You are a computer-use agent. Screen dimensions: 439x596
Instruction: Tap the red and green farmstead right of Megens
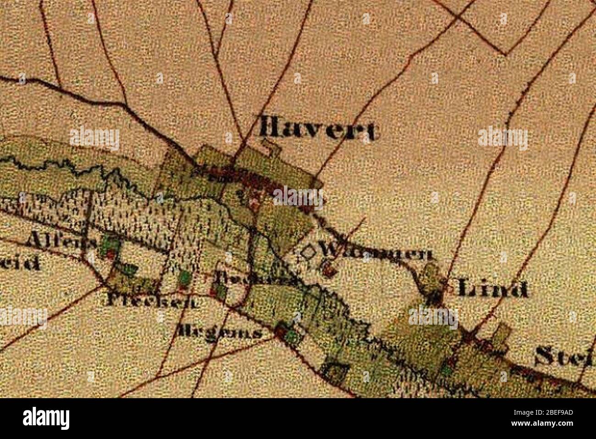287,333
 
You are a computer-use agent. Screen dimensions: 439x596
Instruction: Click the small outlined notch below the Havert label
271,147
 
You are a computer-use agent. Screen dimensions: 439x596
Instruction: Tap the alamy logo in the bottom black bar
46,418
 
